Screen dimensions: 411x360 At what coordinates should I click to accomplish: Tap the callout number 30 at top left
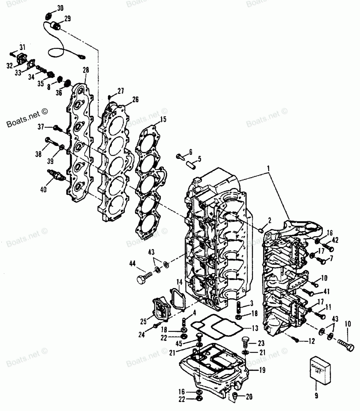pyautogui.click(x=60, y=8)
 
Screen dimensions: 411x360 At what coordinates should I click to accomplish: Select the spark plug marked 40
pyautogui.click(x=57, y=175)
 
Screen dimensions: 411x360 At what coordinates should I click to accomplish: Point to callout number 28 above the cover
pyautogui.click(x=86, y=69)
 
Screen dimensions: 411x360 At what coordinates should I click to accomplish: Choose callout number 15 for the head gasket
pyautogui.click(x=163, y=119)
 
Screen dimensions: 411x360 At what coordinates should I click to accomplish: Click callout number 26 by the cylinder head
pyautogui.click(x=125, y=100)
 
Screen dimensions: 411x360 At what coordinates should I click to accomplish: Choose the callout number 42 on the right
pyautogui.click(x=335, y=240)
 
